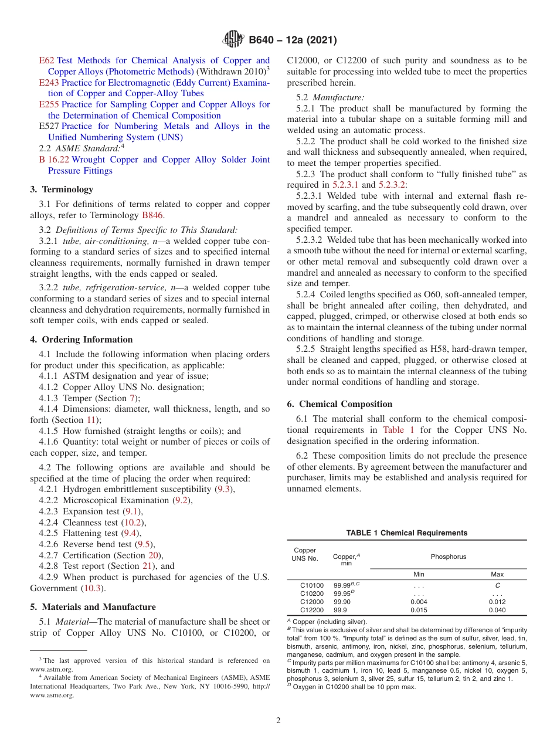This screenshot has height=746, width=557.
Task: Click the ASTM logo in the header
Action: coord(234,40)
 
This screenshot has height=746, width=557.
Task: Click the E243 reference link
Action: coord(49,83)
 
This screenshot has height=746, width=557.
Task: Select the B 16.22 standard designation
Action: coord(54,160)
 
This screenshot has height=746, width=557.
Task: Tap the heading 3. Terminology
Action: coord(62,189)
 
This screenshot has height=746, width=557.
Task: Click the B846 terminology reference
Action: coord(152,215)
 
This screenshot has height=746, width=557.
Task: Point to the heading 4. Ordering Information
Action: coord(81,340)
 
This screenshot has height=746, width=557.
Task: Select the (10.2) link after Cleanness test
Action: coord(133,522)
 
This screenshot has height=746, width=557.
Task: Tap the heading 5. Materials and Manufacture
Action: coord(93,607)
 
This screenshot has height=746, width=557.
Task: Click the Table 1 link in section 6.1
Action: coord(399,430)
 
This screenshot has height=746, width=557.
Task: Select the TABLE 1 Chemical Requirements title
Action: coord(406,533)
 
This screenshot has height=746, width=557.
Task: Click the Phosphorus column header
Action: coord(448,557)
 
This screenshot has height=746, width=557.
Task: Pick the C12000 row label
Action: coord(311,602)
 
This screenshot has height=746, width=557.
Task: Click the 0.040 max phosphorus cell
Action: coord(497,610)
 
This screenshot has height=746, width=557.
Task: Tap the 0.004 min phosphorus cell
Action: coord(419,602)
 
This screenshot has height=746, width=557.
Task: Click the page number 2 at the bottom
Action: coord(278,720)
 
